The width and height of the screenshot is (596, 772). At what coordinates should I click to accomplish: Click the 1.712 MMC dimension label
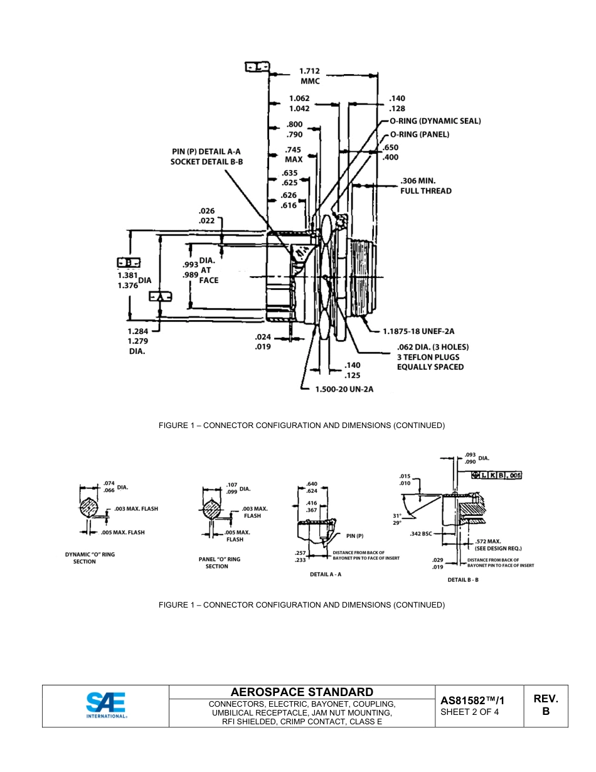pyautogui.click(x=309, y=76)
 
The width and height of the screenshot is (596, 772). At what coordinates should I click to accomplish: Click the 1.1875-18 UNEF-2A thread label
pyautogui.click(x=418, y=331)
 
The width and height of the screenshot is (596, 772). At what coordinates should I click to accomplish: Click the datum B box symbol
pyautogui.click(x=129, y=263)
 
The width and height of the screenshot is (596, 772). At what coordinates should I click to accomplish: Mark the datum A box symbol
pyautogui.click(x=159, y=296)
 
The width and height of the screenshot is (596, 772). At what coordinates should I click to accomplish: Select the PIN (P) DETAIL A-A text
pyautogui.click(x=206, y=151)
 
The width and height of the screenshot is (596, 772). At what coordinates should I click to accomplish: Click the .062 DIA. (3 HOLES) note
pyautogui.click(x=432, y=346)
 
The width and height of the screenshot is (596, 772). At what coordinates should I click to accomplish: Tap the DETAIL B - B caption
pyautogui.click(x=463, y=580)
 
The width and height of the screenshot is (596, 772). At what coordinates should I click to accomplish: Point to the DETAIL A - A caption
pyautogui.click(x=325, y=574)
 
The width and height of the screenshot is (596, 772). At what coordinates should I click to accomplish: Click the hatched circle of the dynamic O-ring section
pyautogui.click(x=90, y=508)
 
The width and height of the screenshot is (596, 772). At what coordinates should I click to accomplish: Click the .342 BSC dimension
pyautogui.click(x=421, y=533)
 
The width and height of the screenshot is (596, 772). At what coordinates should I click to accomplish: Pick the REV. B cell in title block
pyautogui.click(x=545, y=705)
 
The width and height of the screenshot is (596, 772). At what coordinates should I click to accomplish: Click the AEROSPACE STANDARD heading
pyautogui.click(x=302, y=692)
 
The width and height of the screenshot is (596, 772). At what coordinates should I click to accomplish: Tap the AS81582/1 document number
pyautogui.click(x=472, y=700)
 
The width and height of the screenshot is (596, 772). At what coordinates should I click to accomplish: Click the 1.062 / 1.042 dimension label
pyautogui.click(x=299, y=104)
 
